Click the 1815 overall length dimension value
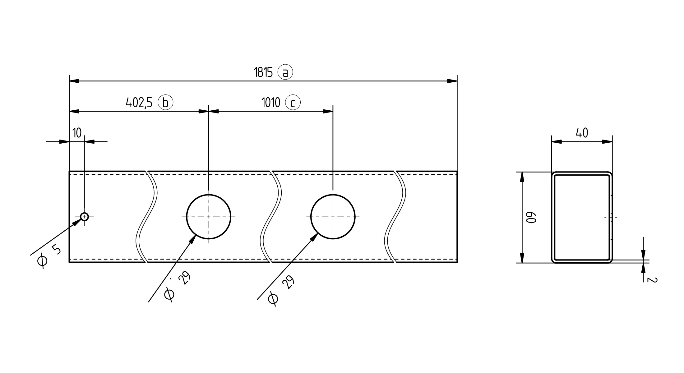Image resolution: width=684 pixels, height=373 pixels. tap(263, 72)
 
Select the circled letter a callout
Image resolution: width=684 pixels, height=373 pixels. tap(285, 72)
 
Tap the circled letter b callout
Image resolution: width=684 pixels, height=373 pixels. tap(165, 102)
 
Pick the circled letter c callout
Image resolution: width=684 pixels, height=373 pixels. tap(293, 103)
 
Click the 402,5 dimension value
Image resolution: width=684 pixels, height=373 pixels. tap(139, 103)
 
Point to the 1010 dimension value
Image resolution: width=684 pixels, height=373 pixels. tap(271, 103)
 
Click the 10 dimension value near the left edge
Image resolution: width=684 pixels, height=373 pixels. tap(77, 133)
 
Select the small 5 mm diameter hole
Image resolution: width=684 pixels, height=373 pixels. tap(84, 216)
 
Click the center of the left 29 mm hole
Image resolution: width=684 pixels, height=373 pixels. tap(209, 217)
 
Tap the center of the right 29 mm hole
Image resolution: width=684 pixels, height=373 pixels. tap(333, 217)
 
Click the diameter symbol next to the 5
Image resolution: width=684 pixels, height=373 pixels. tap(42, 261)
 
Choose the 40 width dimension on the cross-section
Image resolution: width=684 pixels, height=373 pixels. tap(582, 133)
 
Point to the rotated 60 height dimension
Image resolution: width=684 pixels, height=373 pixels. tap(529, 218)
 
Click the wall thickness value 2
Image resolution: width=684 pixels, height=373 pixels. tap(653, 279)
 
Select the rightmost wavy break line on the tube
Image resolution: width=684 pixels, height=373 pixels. tap(395, 217)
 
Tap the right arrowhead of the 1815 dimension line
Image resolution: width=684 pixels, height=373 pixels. tap(452, 81)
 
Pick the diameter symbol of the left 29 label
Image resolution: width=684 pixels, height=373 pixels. tap(169, 294)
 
